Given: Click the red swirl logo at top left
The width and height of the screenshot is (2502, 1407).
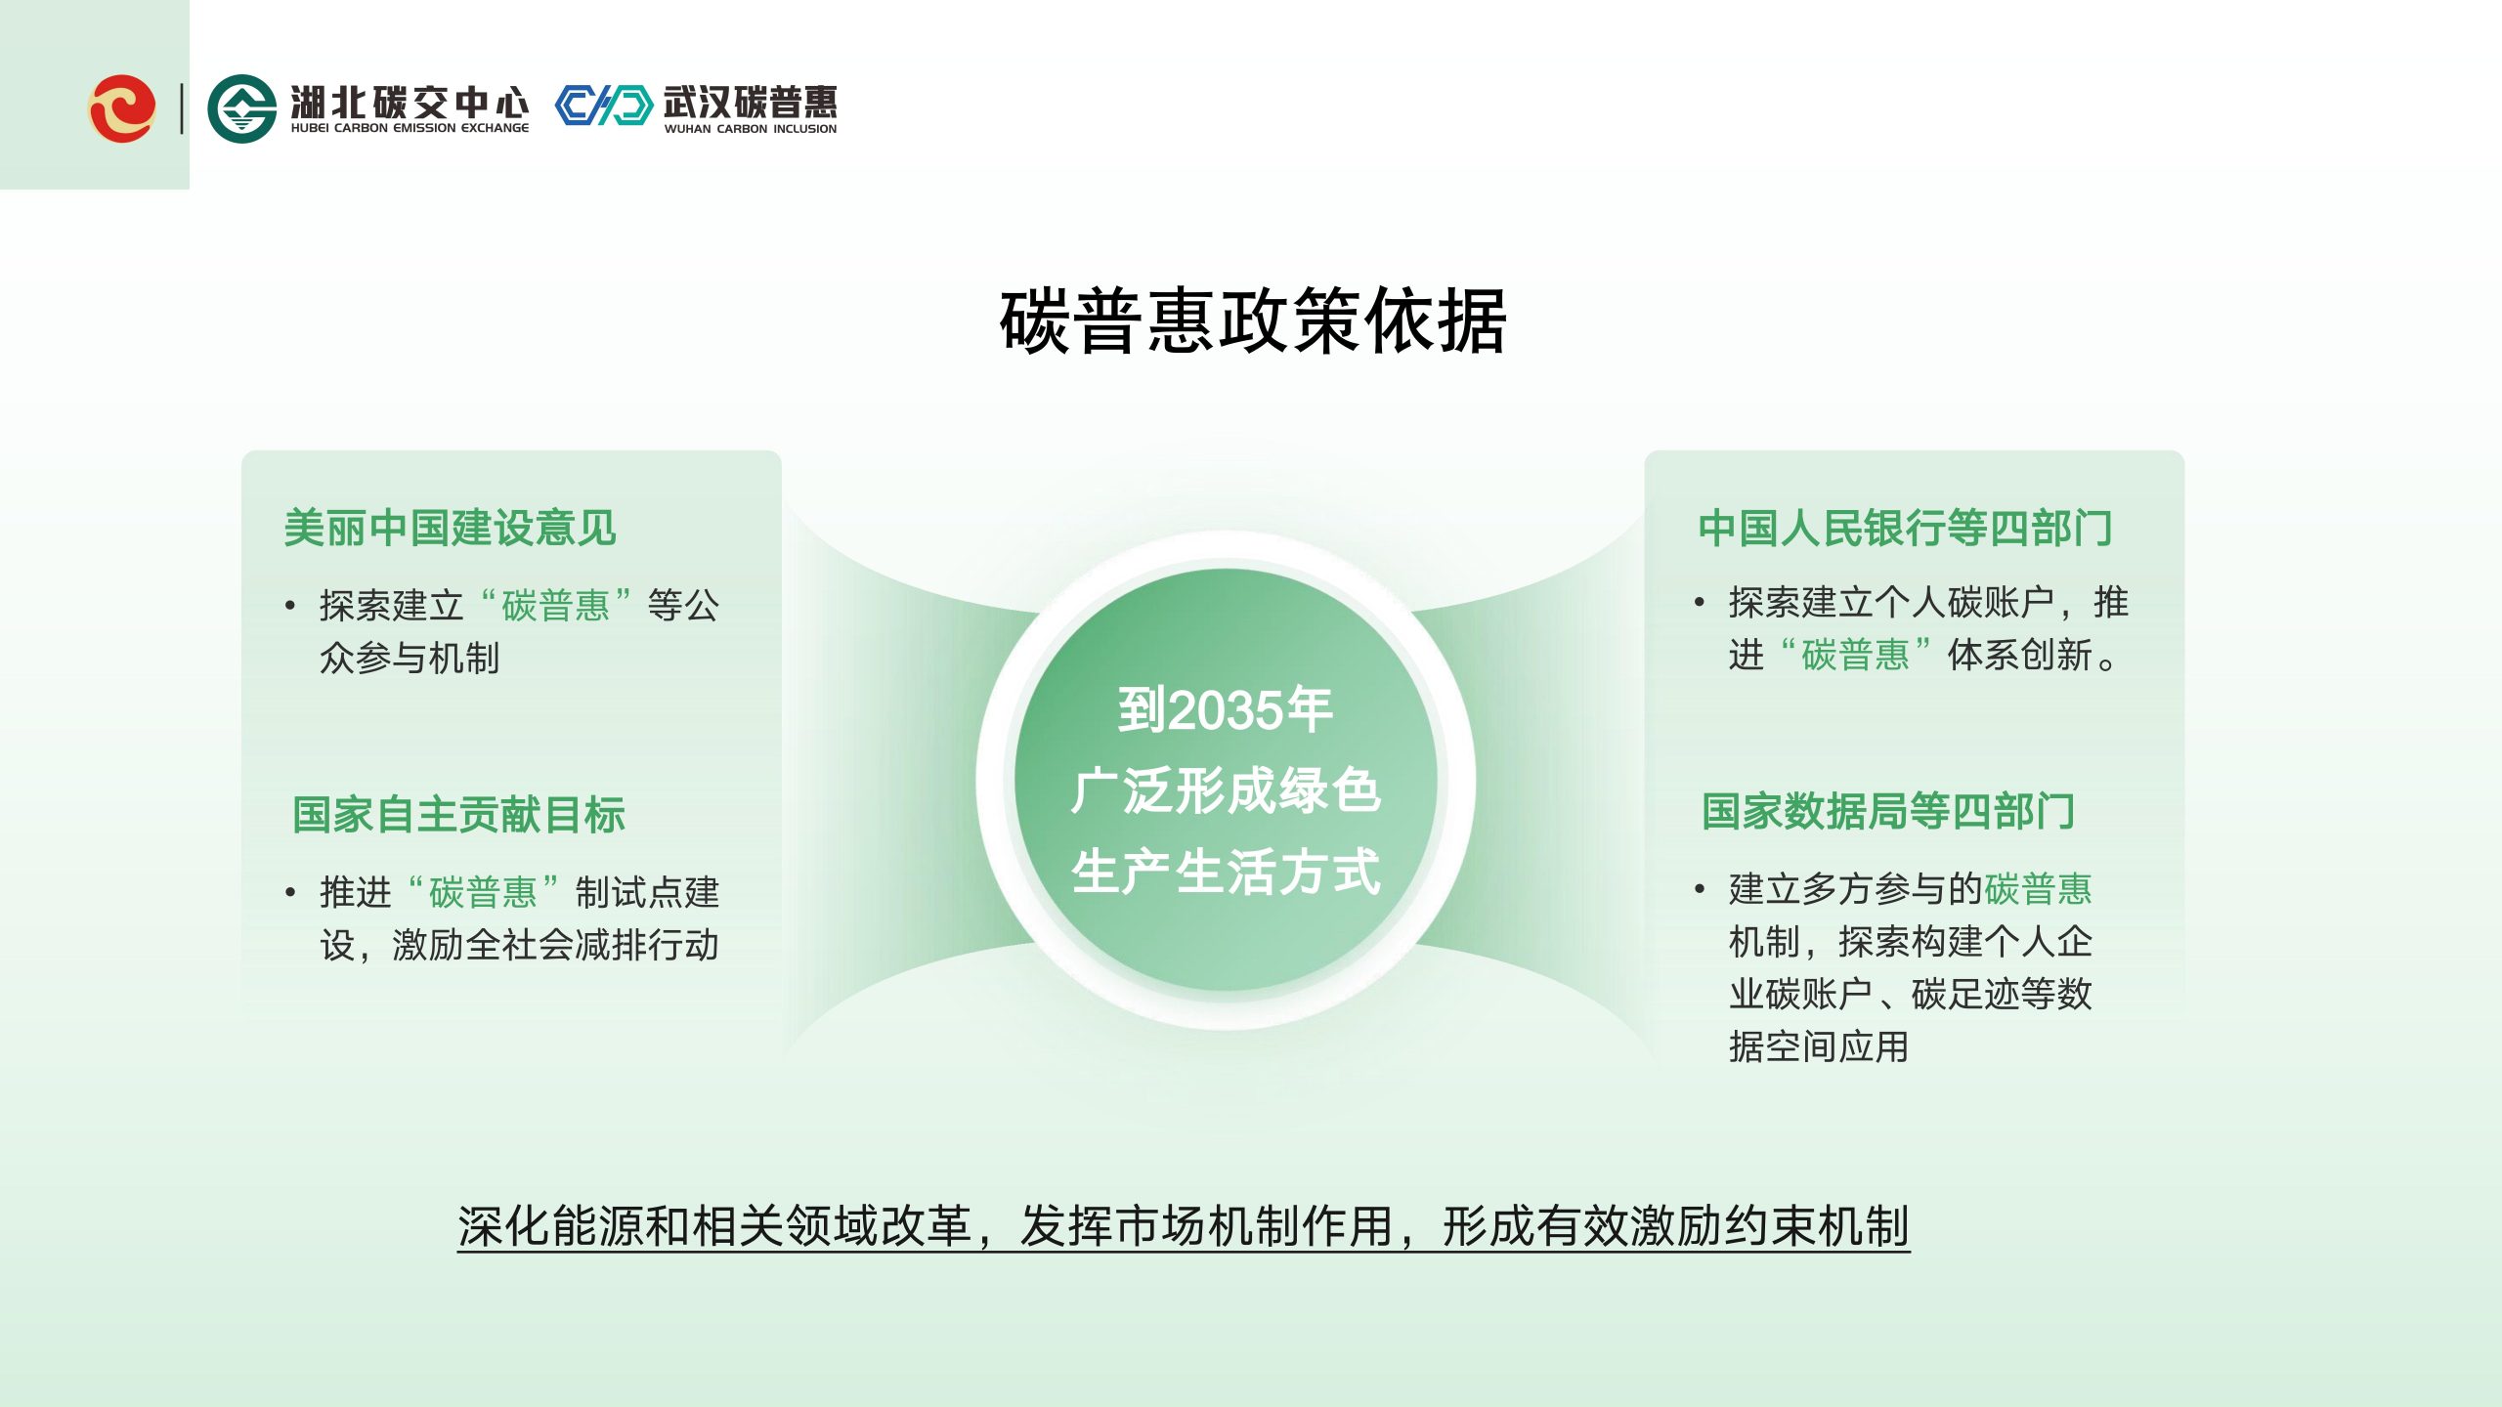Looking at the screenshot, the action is [x=122, y=107].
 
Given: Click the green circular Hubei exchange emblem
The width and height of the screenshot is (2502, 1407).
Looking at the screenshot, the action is [x=241, y=108].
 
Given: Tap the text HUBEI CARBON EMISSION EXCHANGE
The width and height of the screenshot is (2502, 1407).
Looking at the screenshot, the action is [x=410, y=128].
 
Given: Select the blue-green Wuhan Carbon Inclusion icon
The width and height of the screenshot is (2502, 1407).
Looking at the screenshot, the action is [x=603, y=106].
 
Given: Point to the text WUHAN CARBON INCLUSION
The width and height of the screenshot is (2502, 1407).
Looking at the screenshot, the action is [x=751, y=129].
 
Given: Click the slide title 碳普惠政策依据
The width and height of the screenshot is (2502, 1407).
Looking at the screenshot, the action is [x=1253, y=320].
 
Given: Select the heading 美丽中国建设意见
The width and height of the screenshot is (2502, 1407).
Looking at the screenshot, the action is [x=451, y=528].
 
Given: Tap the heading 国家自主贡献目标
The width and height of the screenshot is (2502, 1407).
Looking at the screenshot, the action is [x=459, y=814].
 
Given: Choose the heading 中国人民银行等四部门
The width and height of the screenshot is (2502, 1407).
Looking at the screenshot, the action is [x=1906, y=528].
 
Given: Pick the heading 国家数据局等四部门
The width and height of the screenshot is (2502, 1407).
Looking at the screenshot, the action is [x=1888, y=811].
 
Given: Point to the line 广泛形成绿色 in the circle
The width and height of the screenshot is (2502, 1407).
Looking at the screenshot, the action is [x=1226, y=790].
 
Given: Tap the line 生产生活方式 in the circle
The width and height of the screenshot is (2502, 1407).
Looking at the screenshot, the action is [x=1226, y=872].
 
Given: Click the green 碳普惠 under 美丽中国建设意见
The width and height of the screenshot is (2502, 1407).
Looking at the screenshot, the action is [x=556, y=606].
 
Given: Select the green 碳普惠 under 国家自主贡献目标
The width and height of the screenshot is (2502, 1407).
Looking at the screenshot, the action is [x=483, y=892].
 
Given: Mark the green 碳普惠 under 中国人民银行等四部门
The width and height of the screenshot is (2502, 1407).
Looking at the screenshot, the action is [x=1855, y=655].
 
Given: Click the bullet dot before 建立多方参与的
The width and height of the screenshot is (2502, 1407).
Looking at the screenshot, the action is [x=1700, y=889].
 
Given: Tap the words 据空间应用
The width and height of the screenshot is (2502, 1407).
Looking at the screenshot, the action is [x=1819, y=1046].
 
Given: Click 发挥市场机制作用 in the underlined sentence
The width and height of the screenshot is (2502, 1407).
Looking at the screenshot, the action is [x=1207, y=1226].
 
